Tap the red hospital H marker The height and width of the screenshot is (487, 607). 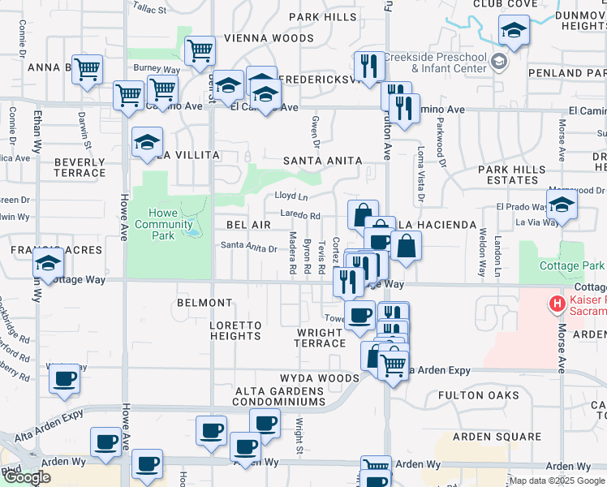click(557, 305)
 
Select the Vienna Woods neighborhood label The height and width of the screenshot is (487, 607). click(258, 38)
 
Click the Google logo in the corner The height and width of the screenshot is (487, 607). click(27, 477)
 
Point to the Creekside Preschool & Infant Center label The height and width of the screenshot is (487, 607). click(434, 63)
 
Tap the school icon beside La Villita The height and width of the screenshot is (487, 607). click(148, 143)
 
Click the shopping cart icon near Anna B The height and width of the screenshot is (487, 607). click(86, 69)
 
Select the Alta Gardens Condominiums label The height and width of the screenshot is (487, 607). click(280, 396)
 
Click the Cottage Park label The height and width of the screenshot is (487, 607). click(572, 266)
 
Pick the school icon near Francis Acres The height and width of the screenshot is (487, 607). click(49, 265)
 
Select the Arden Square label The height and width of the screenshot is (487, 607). click(484, 436)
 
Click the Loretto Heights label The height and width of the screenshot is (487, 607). click(235, 331)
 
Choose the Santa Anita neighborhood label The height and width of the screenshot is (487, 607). click(320, 161)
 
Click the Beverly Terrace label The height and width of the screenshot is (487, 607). click(80, 167)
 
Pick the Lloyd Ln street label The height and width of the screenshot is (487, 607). click(291, 196)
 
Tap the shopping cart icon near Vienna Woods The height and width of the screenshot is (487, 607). click(200, 51)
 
